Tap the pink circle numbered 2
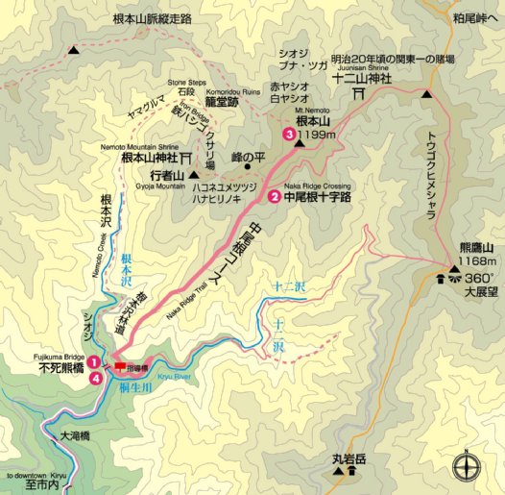[275, 197]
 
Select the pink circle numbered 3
[288, 136]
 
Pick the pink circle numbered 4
[94, 379]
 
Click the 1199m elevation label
[319, 136]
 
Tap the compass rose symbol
[466, 466]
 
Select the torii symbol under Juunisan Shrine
[358, 94]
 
